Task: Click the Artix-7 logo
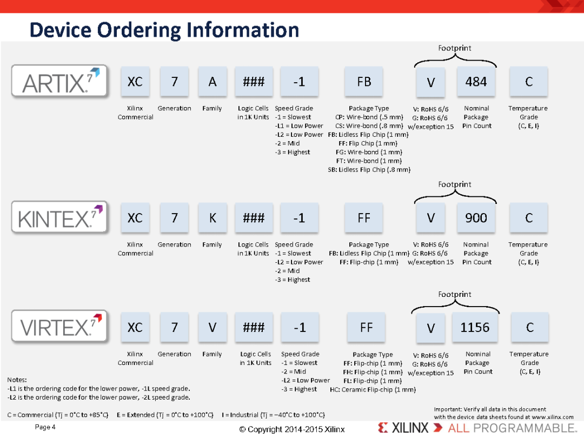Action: (x=60, y=81)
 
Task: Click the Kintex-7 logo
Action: (x=60, y=217)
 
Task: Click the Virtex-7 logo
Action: (x=60, y=327)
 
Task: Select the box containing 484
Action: (x=476, y=82)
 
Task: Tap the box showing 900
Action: (x=476, y=218)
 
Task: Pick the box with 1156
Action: (x=475, y=327)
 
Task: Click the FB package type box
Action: (x=364, y=82)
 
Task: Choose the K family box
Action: (x=213, y=218)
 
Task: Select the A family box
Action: (x=213, y=82)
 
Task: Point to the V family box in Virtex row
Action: (x=213, y=327)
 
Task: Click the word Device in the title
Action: (x=61, y=30)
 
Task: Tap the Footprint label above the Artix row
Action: (x=454, y=48)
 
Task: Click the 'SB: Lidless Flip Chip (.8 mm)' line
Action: (x=369, y=170)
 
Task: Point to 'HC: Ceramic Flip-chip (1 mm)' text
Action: (x=373, y=389)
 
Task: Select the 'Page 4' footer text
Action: (x=45, y=427)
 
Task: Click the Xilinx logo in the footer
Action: (x=403, y=428)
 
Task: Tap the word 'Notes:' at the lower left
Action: (x=17, y=380)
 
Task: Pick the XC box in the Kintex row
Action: (x=135, y=218)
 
